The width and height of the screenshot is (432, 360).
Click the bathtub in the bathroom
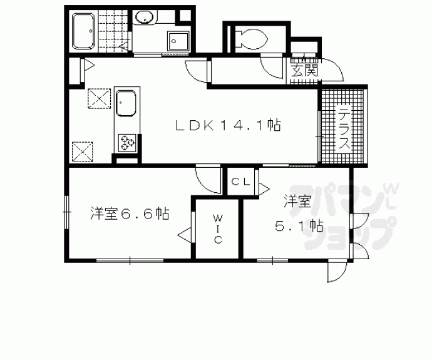(83, 31)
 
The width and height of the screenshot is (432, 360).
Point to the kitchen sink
(127, 103)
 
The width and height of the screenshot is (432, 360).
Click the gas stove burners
(127, 143)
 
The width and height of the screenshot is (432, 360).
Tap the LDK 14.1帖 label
(227, 126)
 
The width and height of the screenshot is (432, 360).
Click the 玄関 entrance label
(304, 69)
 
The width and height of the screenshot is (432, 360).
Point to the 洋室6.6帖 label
(129, 213)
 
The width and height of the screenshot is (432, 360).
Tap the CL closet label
(241, 182)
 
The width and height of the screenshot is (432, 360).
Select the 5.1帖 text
(299, 225)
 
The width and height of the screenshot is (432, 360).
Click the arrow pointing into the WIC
(185, 235)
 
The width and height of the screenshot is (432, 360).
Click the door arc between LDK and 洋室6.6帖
(206, 177)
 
